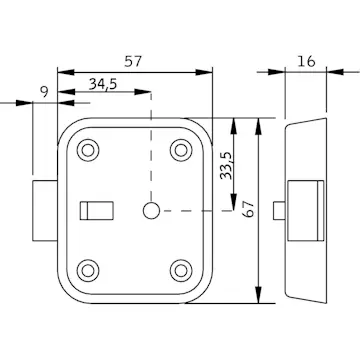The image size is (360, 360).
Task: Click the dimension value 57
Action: click(x=133, y=61)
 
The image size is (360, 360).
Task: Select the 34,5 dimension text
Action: click(x=103, y=84)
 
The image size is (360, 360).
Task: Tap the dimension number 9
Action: click(x=44, y=91)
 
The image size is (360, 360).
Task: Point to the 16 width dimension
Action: click(x=306, y=61)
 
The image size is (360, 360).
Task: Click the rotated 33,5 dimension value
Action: click(x=226, y=166)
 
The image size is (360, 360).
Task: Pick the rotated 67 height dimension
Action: click(x=249, y=209)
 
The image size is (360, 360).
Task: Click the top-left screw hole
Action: click(x=88, y=150)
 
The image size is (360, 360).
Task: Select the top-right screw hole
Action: click(x=181, y=150)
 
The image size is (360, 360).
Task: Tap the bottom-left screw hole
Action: click(x=88, y=270)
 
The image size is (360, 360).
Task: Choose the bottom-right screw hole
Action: click(x=181, y=270)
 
